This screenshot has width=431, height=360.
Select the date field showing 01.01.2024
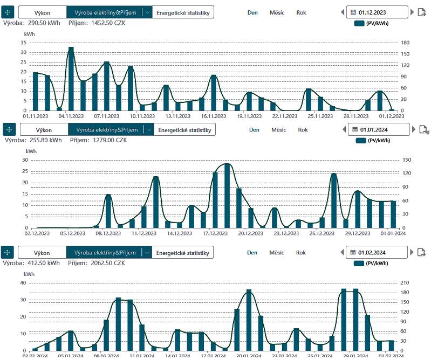click(x=381, y=129)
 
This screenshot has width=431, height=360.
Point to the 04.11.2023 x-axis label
click(x=71, y=115)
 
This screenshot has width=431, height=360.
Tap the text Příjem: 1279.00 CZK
click(x=99, y=140)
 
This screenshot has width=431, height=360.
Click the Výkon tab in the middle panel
click(x=44, y=129)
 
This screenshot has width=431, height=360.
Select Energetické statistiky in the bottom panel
click(x=182, y=252)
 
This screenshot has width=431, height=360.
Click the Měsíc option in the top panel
click(x=277, y=12)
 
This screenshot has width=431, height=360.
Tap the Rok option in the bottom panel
click(x=301, y=252)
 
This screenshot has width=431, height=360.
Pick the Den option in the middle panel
click(x=254, y=129)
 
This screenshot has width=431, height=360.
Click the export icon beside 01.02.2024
click(x=422, y=252)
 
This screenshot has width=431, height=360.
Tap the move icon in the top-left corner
click(x=8, y=12)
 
